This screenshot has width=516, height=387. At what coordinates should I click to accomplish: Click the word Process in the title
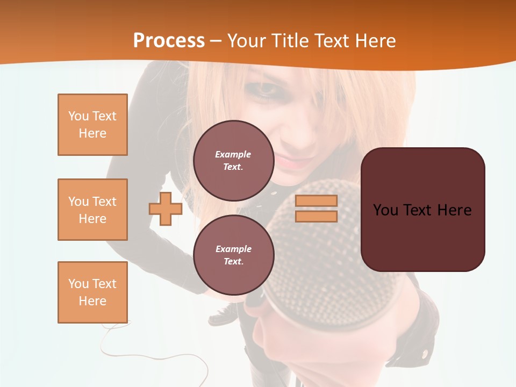tap(169, 41)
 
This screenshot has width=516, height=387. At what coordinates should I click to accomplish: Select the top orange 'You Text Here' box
tap(92, 125)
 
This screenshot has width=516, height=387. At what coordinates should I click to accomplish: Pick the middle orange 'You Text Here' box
tap(92, 210)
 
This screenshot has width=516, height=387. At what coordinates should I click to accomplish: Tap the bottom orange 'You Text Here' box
tap(92, 292)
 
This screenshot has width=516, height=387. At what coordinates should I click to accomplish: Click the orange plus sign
tap(166, 209)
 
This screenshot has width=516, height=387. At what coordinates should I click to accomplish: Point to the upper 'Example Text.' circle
tap(233, 161)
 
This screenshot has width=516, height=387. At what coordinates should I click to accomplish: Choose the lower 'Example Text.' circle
tap(233, 255)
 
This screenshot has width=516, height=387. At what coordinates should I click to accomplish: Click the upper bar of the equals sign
tap(316, 201)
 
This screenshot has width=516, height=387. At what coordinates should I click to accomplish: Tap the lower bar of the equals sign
tap(316, 216)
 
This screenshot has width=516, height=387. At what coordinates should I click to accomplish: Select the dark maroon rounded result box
tap(422, 210)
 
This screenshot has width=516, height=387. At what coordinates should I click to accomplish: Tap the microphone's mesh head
tap(328, 253)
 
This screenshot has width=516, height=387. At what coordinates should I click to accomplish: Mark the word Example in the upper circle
tap(233, 154)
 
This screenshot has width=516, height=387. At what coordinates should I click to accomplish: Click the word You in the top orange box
tap(78, 116)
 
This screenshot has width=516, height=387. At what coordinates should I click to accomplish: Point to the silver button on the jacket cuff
tap(426, 353)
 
